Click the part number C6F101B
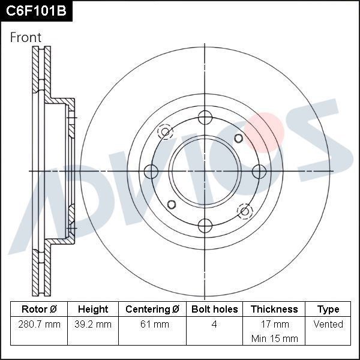(36, 10)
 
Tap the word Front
(26, 37)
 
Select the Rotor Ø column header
(39, 310)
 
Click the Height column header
(93, 310)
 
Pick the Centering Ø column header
(152, 310)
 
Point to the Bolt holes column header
(214, 310)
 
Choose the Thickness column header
(274, 310)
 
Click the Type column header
(328, 310)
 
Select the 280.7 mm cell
(39, 325)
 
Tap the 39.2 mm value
(93, 325)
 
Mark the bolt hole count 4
(214, 325)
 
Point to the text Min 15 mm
(274, 339)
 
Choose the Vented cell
(328, 325)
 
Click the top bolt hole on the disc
(205, 117)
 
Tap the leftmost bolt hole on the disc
(151, 171)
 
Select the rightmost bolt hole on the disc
(259, 171)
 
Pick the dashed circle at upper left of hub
(165, 131)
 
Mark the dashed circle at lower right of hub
(245, 211)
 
